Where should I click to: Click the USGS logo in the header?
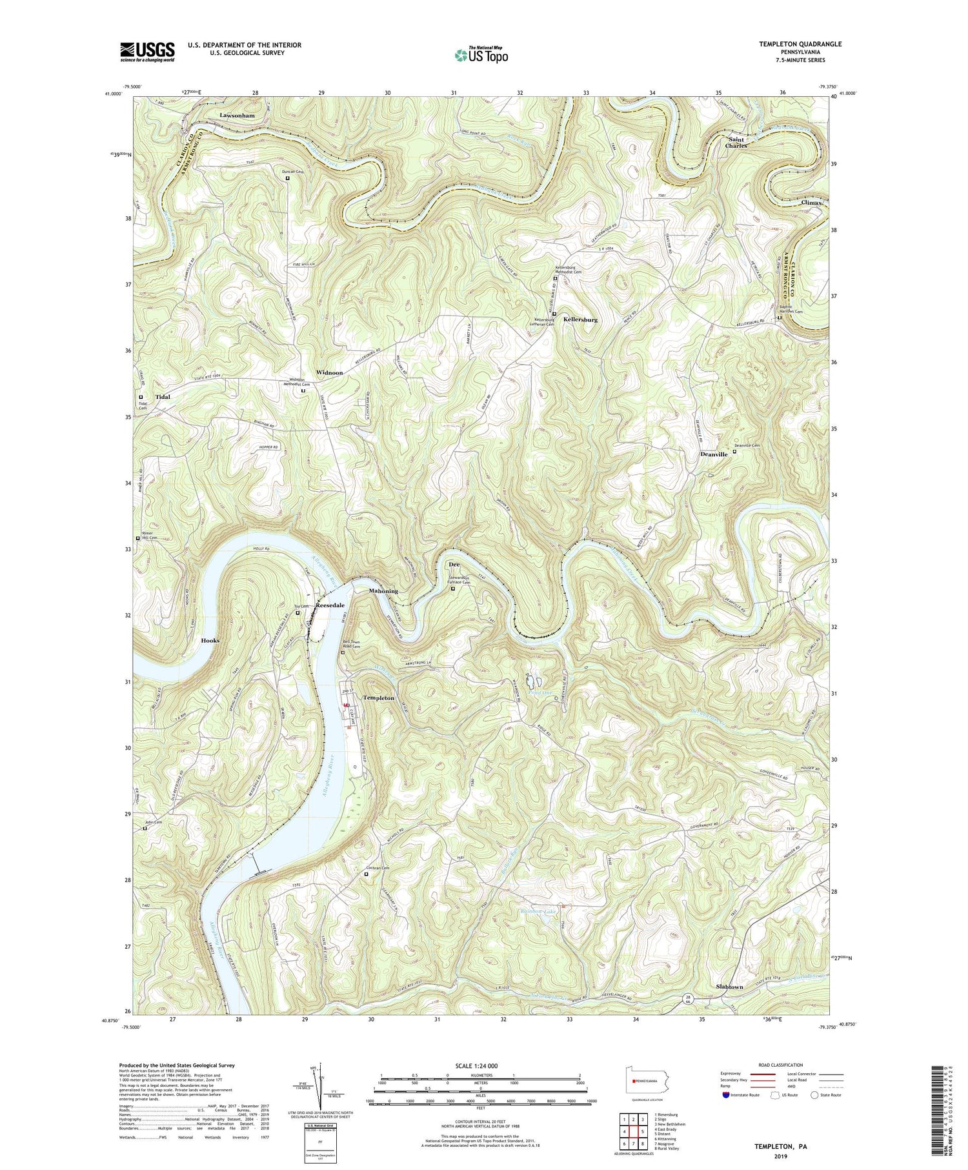[147, 52]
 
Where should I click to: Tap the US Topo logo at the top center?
[480, 54]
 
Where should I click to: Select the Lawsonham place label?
[237, 116]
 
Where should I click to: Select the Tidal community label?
[162, 397]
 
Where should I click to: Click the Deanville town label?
[714, 454]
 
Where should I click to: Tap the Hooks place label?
[210, 641]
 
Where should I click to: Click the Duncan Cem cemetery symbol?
[288, 179]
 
